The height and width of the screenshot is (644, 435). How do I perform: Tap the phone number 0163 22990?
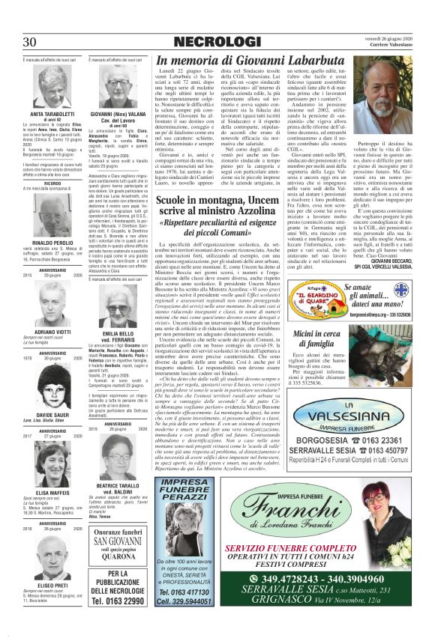coord(116,600)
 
